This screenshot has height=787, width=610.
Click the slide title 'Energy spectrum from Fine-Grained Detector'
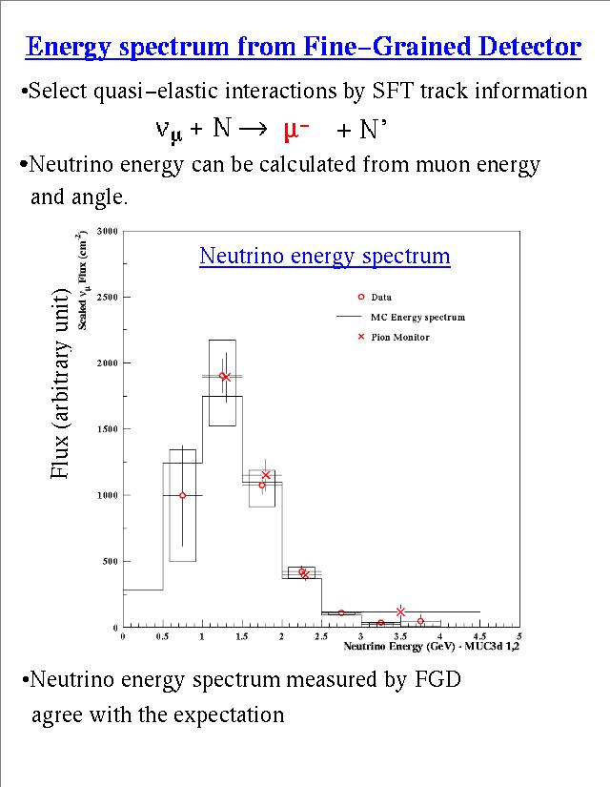coord(303,47)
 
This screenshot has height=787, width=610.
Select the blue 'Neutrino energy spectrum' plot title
coord(324,257)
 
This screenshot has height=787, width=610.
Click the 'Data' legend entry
coord(380,297)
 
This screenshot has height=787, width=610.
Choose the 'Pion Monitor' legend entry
coord(399,337)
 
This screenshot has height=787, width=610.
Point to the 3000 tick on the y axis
coord(108,231)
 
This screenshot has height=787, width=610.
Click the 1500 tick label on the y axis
coord(108,429)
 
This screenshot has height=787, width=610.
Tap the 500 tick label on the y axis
coord(111,562)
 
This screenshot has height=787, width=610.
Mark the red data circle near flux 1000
coord(183,495)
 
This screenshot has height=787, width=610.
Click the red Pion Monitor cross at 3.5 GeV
coord(400,611)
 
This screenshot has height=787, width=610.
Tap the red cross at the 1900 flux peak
coord(226,377)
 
